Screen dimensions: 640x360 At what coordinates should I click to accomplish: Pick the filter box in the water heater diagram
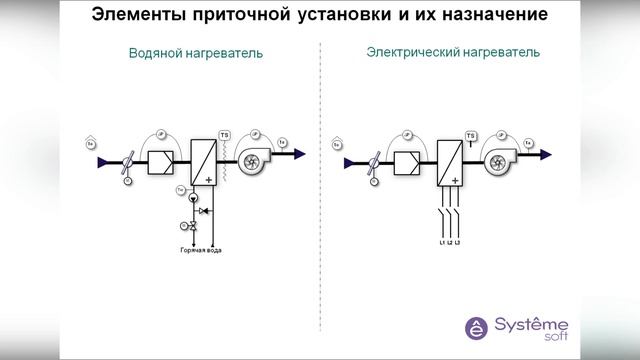(x=161, y=159)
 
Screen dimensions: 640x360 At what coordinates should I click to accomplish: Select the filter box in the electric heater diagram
(x=406, y=159)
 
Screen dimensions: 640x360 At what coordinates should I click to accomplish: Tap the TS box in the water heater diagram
(x=224, y=134)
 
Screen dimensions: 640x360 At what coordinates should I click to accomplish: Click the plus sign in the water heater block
(x=209, y=179)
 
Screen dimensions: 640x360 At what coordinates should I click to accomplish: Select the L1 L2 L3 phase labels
(x=450, y=243)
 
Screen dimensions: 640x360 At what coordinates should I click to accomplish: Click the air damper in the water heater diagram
(x=126, y=161)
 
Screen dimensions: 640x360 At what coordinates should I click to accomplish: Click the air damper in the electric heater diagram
(x=371, y=161)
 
